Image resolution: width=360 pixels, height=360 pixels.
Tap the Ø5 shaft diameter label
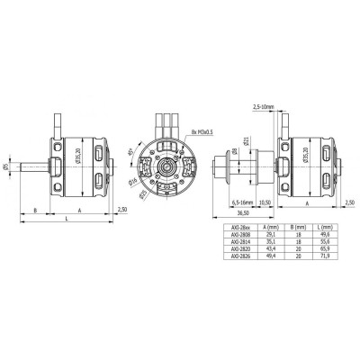point(5,166)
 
